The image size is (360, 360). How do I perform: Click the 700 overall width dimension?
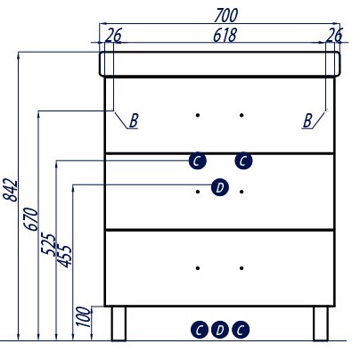tap(226, 15)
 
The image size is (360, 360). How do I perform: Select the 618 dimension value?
tap(225, 35)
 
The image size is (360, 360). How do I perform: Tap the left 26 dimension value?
tap(113, 35)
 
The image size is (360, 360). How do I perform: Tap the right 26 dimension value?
tap(334, 35)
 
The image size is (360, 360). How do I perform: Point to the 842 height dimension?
tap(11, 190)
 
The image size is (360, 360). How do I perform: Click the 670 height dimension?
tap(31, 219)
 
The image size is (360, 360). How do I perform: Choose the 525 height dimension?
tap(47, 245)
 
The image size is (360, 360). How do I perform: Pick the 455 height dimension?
tap(64, 256)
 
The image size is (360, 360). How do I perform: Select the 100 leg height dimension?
tap(84, 316)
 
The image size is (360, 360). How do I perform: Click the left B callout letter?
tap(134, 120)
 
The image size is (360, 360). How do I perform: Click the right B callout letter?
tap(307, 120)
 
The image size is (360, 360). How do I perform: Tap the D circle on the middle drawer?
tap(220, 187)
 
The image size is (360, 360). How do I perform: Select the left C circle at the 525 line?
tap(197, 161)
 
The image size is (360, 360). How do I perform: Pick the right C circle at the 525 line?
tap(243, 161)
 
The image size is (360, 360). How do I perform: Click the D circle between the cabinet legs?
tap(220, 330)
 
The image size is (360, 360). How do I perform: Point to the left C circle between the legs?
tap(200, 330)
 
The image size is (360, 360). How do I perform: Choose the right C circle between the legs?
tap(241, 330)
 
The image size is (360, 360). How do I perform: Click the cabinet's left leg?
tap(119, 323)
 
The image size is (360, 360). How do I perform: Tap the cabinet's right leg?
tap(321, 323)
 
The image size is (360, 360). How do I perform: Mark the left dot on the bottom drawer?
tap(198, 268)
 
